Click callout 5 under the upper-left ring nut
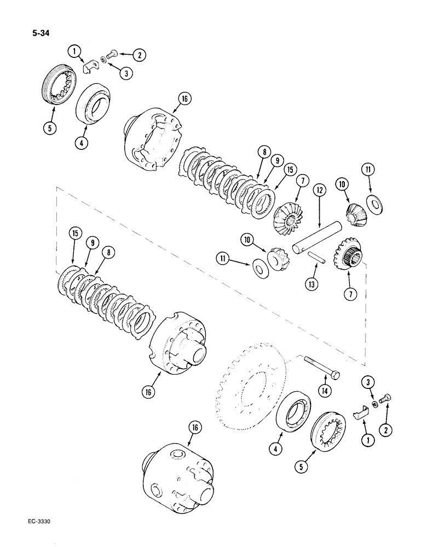51,130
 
